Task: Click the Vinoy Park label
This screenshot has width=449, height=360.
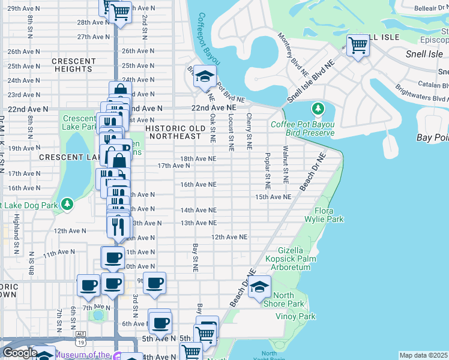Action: coord(295,316)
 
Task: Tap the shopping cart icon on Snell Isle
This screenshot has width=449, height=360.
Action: coord(358,44)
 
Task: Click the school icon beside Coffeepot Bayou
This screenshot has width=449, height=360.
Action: coord(205,77)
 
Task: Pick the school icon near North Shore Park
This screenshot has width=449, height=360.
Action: coord(259,287)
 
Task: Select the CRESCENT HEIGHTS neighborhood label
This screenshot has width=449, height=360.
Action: coord(74,65)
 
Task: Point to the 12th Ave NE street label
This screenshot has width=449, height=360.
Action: coord(229,238)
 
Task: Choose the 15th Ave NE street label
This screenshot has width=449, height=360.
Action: coord(273,197)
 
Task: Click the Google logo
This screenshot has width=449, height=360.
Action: coord(20,353)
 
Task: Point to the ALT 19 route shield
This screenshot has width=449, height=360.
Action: coord(80,342)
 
